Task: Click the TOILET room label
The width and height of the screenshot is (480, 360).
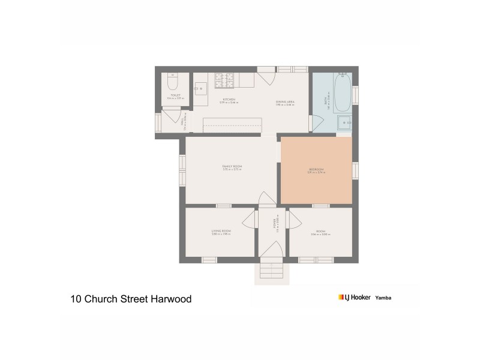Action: point(175,95)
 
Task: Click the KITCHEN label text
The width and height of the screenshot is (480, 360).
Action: point(229,100)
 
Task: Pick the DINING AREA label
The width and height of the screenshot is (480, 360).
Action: point(285,102)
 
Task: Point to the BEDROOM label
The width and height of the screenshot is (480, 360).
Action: point(316,170)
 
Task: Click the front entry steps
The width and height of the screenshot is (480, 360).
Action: point(272,272)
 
